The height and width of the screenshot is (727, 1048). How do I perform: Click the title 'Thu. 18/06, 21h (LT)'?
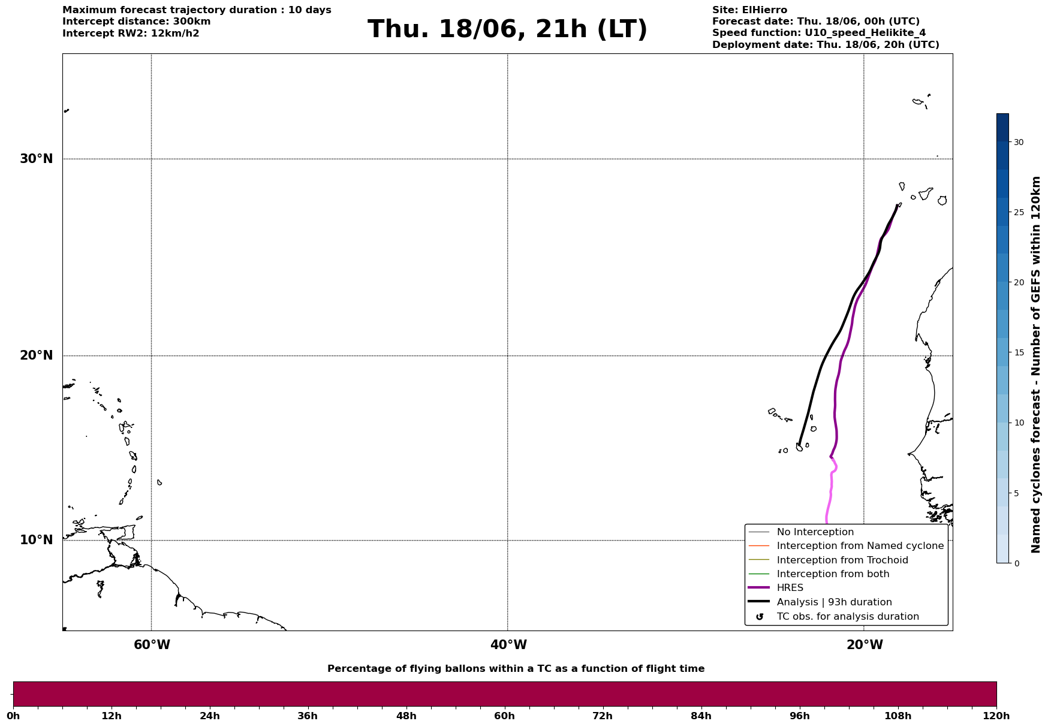[507, 29]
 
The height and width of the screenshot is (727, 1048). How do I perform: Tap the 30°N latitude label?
[37, 159]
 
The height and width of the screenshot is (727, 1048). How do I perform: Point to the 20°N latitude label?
[37, 355]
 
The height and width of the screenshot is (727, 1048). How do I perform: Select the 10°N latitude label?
[37, 540]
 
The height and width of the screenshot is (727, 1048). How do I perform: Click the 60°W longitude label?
[152, 645]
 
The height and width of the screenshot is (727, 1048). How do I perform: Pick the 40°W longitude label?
[508, 645]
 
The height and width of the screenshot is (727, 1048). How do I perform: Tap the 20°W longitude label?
[865, 645]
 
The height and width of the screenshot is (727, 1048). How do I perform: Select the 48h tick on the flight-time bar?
[406, 716]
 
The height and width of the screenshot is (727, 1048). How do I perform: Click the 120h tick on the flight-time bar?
[996, 716]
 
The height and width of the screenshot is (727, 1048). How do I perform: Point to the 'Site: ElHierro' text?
[749, 10]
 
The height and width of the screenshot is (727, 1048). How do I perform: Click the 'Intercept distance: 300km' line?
[137, 22]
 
